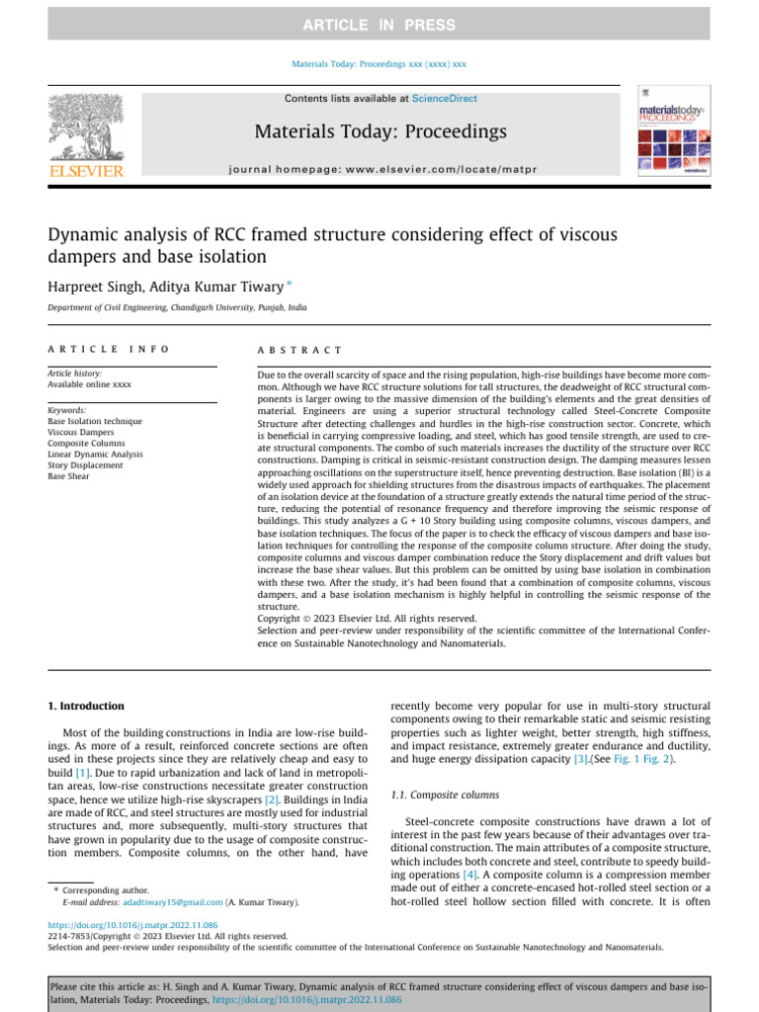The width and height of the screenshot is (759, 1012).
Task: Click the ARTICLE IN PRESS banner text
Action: (x=379, y=25)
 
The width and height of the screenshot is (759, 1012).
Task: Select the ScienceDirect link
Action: (x=444, y=99)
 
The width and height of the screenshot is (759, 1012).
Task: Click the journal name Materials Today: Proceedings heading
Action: (x=380, y=131)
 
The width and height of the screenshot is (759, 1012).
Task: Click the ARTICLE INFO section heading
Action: (x=109, y=350)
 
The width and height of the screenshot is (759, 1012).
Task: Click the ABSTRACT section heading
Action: (x=299, y=350)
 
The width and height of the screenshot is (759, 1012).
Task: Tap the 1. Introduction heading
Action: (x=87, y=706)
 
